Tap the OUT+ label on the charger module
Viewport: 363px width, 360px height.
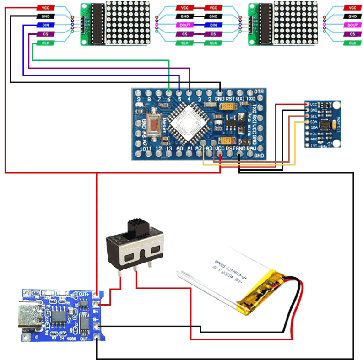pyautogui.click(x=84, y=294)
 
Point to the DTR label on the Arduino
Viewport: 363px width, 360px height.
pyautogui.click(x=259, y=91)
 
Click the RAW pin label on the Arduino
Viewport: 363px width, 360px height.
pyautogui.click(x=251, y=148)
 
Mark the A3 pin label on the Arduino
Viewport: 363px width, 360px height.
pyautogui.click(x=210, y=148)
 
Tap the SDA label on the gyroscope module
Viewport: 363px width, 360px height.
pyautogui.click(x=314, y=122)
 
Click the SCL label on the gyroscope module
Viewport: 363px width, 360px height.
pyautogui.click(x=314, y=116)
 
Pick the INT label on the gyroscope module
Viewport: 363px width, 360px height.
pyautogui.click(x=314, y=145)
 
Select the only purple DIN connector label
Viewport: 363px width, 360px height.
pyautogui.click(x=213, y=26)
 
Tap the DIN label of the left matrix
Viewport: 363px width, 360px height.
pyautogui.click(x=46, y=26)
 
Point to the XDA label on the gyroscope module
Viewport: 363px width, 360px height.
pyautogui.click(x=314, y=128)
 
